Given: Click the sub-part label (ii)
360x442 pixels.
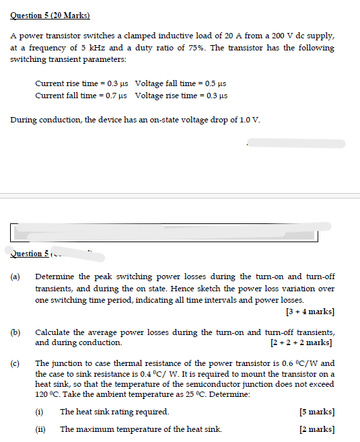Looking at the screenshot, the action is [41, 429].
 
